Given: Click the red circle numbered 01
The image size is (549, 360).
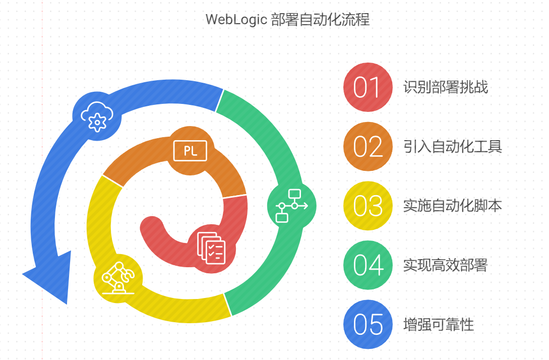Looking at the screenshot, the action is (x=368, y=87).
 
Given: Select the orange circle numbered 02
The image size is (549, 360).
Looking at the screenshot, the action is (x=368, y=147).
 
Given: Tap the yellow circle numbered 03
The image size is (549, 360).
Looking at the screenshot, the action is (x=368, y=206).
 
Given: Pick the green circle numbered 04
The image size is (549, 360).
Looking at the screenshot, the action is (x=368, y=265).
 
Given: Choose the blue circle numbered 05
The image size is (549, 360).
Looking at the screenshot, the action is (x=368, y=324).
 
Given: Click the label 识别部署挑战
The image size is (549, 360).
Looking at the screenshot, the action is (x=446, y=87).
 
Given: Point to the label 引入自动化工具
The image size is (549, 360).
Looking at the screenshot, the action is (x=452, y=147).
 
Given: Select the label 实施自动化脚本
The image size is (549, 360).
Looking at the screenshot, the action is (x=452, y=206).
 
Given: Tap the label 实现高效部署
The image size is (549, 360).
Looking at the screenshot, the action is (x=445, y=265).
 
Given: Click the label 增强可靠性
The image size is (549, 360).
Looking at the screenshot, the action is (x=439, y=324).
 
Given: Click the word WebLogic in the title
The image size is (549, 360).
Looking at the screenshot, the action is (x=235, y=20).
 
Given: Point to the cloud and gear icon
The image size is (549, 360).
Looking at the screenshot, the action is (x=97, y=116).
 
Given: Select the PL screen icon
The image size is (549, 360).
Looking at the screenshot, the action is (x=190, y=151).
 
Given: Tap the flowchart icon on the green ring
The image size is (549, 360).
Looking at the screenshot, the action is (x=291, y=206).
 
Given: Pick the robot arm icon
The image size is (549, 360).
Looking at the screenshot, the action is (x=118, y=278).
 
